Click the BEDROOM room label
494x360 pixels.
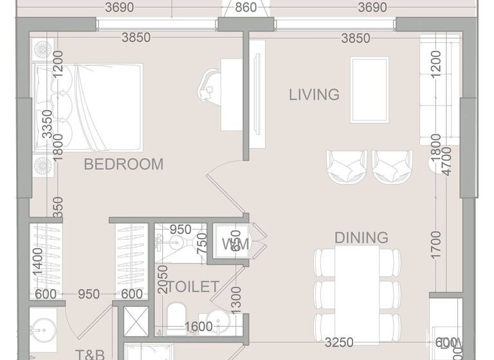pos(124,165)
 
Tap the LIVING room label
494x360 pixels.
pos(314,95)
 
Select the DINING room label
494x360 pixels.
pos(361,238)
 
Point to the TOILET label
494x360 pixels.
pos(194,287)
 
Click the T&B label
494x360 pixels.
pos(90,354)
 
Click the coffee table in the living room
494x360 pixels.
pos(369,89)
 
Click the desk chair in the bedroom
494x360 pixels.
pos(210,85)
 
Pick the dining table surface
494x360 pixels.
pos(355,286)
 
